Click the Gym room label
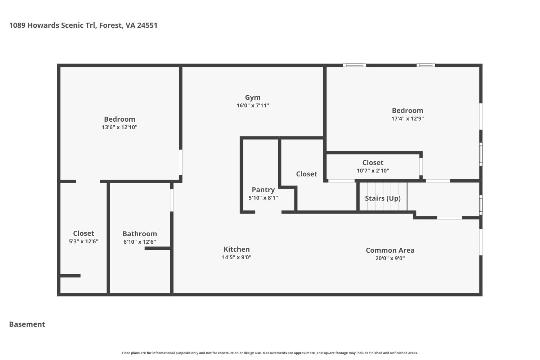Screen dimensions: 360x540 [253, 98]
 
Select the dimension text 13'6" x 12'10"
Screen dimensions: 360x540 [120, 127]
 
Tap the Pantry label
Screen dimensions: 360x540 [263, 190]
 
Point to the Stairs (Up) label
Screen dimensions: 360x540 [383, 198]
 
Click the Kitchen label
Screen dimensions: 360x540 [237, 249]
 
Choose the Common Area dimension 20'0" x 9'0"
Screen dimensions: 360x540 [390, 258]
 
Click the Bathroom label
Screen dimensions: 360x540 [140, 234]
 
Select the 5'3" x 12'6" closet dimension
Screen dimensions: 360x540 [84, 242]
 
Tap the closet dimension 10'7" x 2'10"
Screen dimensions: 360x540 [373, 171]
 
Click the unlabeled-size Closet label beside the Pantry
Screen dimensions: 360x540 [306, 174]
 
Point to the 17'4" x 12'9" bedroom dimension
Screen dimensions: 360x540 [408, 118]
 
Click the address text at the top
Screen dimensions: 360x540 [83, 25]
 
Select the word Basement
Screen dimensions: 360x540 [27, 324]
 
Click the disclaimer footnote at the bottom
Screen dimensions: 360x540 [270, 353]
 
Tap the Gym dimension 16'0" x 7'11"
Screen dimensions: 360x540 [253, 105]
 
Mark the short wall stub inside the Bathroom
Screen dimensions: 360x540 [158, 248]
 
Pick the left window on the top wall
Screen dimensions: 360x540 [355, 65]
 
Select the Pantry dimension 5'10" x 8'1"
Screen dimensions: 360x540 [263, 198]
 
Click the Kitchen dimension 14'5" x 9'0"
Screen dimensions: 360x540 [237, 257]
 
